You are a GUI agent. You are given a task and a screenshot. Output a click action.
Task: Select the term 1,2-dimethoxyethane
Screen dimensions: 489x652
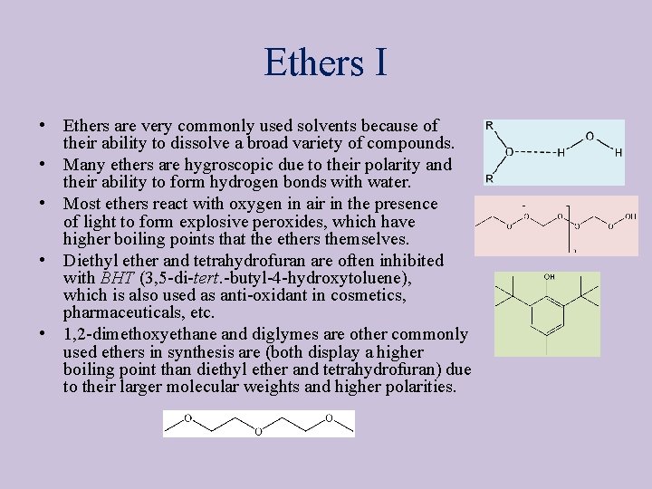tap(141, 334)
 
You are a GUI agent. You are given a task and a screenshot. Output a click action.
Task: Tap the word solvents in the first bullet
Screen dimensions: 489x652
tap(335, 126)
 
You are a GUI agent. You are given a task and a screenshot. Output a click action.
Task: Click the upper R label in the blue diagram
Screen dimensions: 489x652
tap(490, 125)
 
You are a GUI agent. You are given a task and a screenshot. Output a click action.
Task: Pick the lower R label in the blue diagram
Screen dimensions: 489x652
tap(490, 178)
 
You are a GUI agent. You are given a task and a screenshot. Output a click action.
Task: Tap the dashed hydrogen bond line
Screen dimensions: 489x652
tap(533, 152)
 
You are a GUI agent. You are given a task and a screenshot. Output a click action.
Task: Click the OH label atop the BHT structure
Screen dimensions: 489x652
tap(550, 277)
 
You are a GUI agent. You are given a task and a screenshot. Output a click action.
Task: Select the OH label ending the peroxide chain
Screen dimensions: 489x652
tap(629, 216)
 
